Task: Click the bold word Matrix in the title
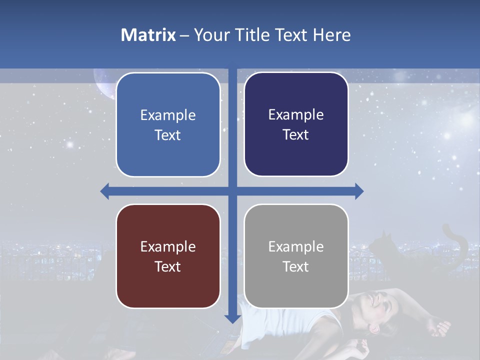click(x=148, y=35)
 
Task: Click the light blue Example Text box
click(x=168, y=124)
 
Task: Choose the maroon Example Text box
click(x=168, y=256)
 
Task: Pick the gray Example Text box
click(x=296, y=256)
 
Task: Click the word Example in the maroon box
click(x=168, y=246)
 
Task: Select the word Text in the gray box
click(x=296, y=266)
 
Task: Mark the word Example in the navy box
click(x=296, y=114)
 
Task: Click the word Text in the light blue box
click(x=168, y=135)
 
